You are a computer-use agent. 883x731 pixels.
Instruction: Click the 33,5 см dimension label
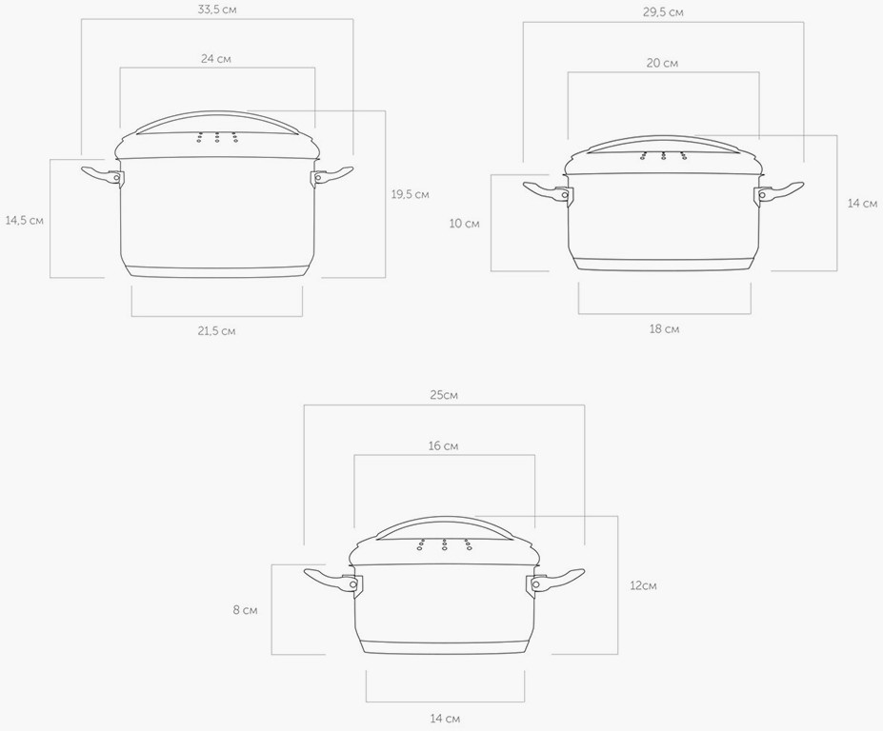point(217,10)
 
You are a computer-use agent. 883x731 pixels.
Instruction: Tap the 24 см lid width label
point(216,58)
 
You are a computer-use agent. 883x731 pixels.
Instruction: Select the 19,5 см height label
point(410,194)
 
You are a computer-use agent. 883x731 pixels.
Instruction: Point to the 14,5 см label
point(24,220)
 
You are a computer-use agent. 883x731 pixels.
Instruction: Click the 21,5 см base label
point(216,331)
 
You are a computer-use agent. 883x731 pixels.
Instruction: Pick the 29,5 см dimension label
point(663,11)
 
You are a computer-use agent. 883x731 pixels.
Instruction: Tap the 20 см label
point(662,63)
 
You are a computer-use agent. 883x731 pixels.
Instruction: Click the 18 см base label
point(665,328)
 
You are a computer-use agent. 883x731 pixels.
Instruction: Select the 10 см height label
point(465,224)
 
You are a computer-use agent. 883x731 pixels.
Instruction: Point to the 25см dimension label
point(444,395)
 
